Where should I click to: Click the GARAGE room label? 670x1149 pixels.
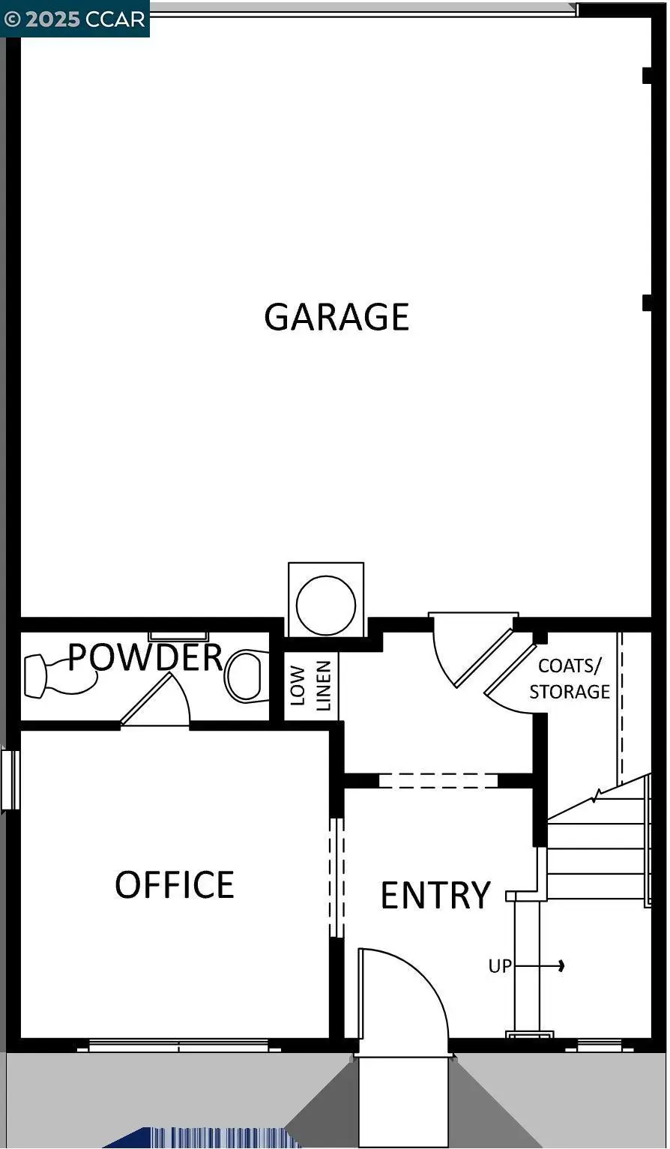coord(336,316)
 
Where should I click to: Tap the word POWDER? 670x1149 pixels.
coord(145,657)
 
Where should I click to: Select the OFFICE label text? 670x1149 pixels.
coord(174,884)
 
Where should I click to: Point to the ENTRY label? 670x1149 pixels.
coord(435,895)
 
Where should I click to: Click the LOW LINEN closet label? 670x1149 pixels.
coord(310,685)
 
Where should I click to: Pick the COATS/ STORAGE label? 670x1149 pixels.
coord(570,678)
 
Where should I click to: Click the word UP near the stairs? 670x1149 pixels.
coord(500,966)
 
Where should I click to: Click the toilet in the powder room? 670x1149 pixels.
coord(247,675)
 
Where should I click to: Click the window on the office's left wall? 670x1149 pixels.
coord(10,779)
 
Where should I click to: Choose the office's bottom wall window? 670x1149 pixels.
coord(178,1045)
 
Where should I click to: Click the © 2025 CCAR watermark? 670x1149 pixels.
coord(75,19)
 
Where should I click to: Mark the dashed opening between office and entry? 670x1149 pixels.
coord(336,877)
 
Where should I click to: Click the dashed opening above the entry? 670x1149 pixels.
coord(438,780)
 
